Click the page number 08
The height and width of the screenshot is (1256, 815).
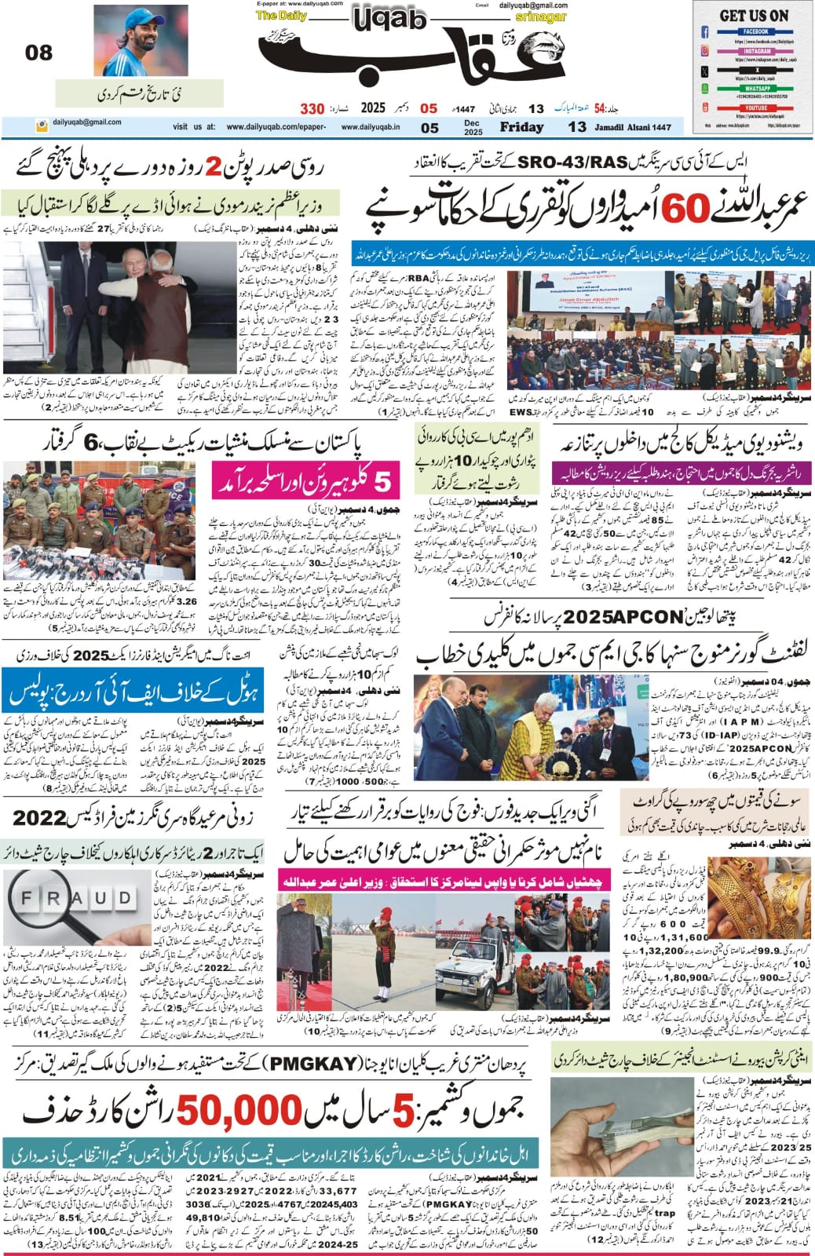pos(38,53)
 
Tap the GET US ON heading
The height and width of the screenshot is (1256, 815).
pos(754,15)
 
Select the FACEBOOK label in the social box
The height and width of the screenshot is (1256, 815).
pos(755,31)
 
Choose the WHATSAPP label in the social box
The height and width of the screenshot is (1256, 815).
pos(755,89)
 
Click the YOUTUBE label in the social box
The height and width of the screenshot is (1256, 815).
pos(755,108)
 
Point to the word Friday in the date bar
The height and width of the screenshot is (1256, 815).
pos(521,127)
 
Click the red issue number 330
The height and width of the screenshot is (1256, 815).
pos(312,108)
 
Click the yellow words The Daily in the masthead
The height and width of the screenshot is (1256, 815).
pos(276,16)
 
